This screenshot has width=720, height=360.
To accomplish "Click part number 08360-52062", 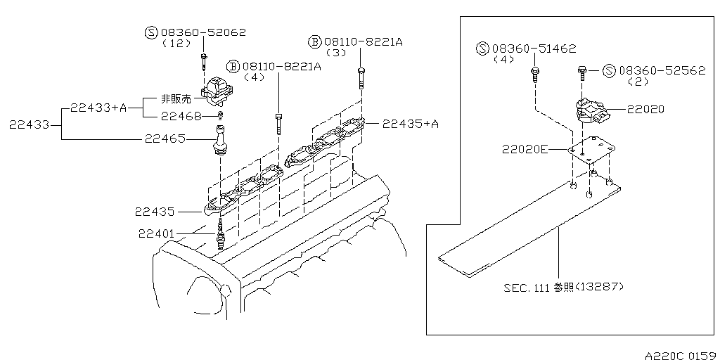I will click(x=203, y=32).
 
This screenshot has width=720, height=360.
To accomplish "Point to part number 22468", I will click(x=181, y=115).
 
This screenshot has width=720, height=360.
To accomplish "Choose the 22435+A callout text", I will click(x=411, y=124).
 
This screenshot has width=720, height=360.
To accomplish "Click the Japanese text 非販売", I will click(x=176, y=99).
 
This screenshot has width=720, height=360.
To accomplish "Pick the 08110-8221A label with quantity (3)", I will click(x=363, y=42).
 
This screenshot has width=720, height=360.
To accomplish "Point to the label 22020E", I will click(x=525, y=149).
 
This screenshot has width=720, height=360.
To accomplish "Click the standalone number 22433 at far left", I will click(x=30, y=124).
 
